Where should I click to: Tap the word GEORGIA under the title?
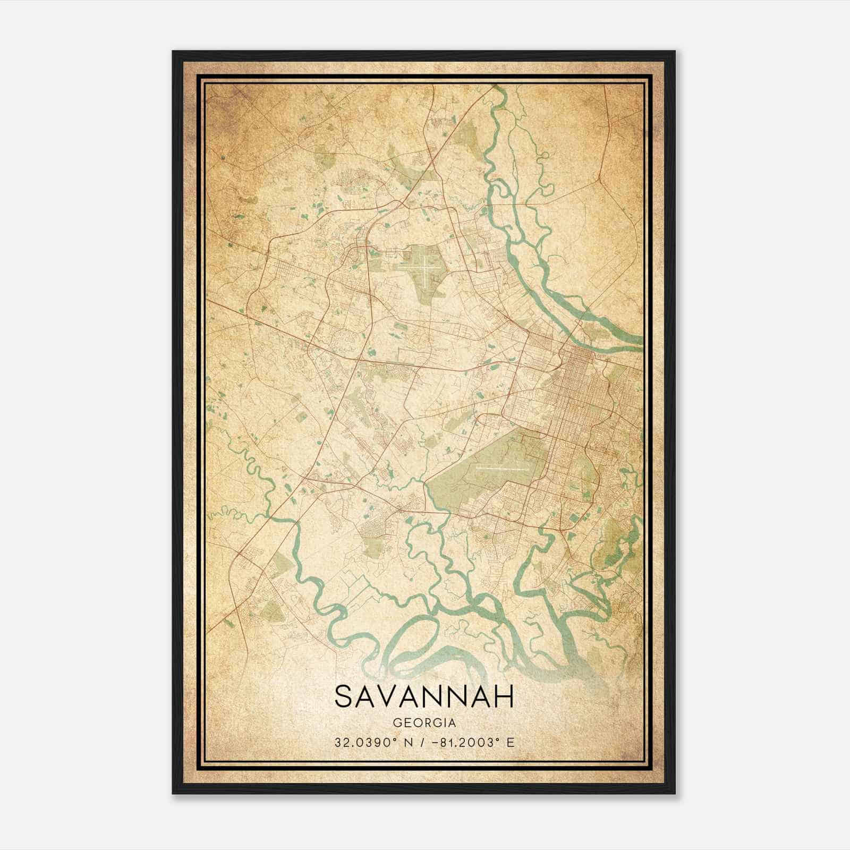click(x=424, y=723)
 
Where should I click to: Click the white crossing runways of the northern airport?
click(x=426, y=271)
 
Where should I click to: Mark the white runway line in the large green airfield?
click(x=502, y=470)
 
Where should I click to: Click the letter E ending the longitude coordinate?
click(x=511, y=743)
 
